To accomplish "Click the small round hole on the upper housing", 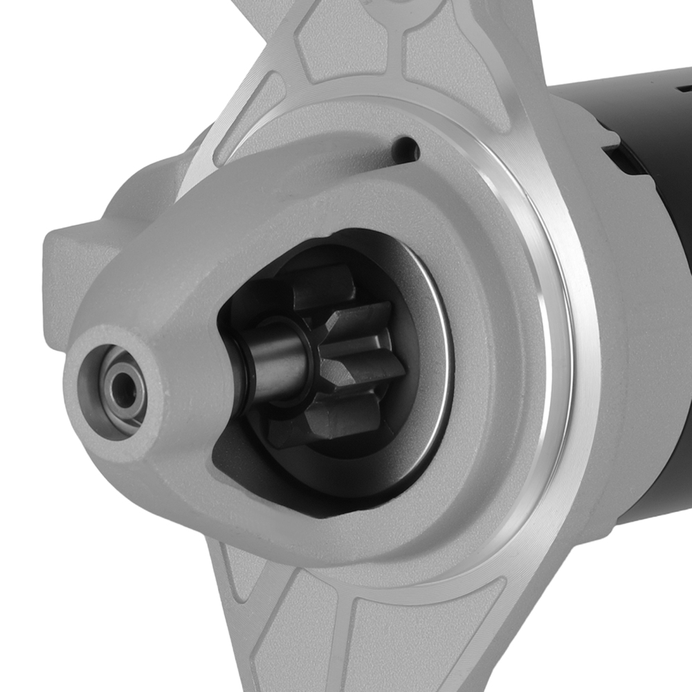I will [x=406, y=147].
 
